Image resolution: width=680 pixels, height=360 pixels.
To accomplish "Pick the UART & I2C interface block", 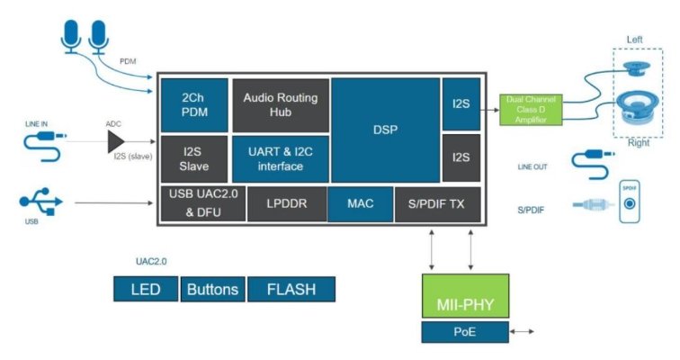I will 281,159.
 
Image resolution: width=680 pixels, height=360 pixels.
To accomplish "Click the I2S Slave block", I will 194,159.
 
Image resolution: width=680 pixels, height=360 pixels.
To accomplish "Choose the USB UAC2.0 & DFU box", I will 202,203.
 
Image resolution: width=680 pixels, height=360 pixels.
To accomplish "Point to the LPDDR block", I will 286,204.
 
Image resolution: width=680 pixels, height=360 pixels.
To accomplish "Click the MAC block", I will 360,204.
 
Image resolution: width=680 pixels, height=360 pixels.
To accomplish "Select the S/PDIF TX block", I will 437,204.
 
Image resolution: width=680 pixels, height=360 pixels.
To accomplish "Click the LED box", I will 146,289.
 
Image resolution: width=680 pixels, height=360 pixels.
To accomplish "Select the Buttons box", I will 212,289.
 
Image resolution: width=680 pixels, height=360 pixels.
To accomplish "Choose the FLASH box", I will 290,289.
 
